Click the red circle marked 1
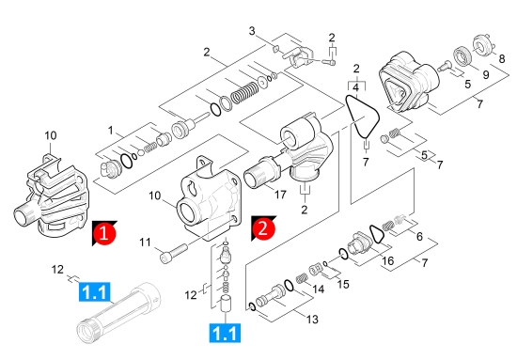point(103,233)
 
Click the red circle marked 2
point(263,228)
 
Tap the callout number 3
point(252,31)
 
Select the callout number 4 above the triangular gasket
point(355,87)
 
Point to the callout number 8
point(502,58)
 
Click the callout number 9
point(486,74)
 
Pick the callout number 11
point(145,243)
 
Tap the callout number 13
point(312,320)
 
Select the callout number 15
point(343,284)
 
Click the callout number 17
point(280,195)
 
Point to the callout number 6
point(419,236)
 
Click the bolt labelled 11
point(174,253)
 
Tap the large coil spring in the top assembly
point(245,92)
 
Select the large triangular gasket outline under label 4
point(363,117)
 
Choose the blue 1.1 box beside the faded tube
point(95,291)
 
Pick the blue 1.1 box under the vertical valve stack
point(225,333)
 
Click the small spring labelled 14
point(302,279)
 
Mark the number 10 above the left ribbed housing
point(51,135)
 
